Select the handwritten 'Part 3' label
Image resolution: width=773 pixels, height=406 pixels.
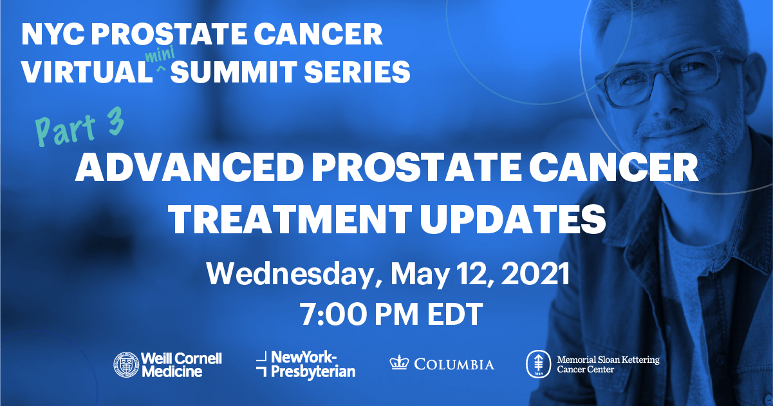(x=80, y=127)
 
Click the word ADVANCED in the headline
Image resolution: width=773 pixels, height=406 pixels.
(x=189, y=168)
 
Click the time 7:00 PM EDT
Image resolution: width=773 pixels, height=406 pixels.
(x=391, y=314)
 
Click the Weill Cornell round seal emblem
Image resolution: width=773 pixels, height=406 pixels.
(x=126, y=365)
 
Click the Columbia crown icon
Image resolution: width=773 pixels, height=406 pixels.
(x=399, y=363)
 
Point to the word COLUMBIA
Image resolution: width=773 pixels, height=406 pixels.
(x=454, y=365)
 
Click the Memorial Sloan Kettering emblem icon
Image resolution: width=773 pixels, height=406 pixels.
(x=538, y=364)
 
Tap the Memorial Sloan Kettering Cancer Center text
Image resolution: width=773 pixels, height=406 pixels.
(x=608, y=365)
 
